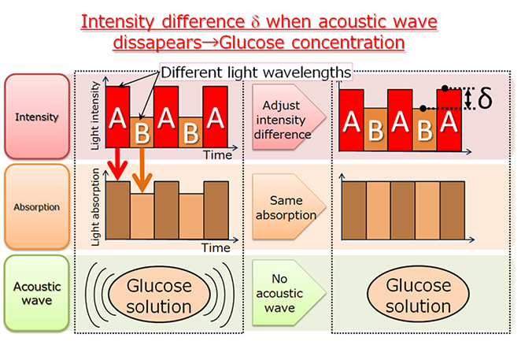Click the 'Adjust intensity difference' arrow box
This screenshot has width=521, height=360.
pos(286,117)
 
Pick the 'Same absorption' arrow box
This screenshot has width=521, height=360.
pos(286,206)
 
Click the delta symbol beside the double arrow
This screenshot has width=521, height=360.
pos(485,100)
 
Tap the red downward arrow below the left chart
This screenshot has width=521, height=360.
pos(116,165)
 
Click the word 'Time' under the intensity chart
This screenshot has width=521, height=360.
pos(214,155)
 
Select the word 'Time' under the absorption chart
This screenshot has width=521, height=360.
pos(214,247)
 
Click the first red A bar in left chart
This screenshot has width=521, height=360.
pos(116,117)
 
